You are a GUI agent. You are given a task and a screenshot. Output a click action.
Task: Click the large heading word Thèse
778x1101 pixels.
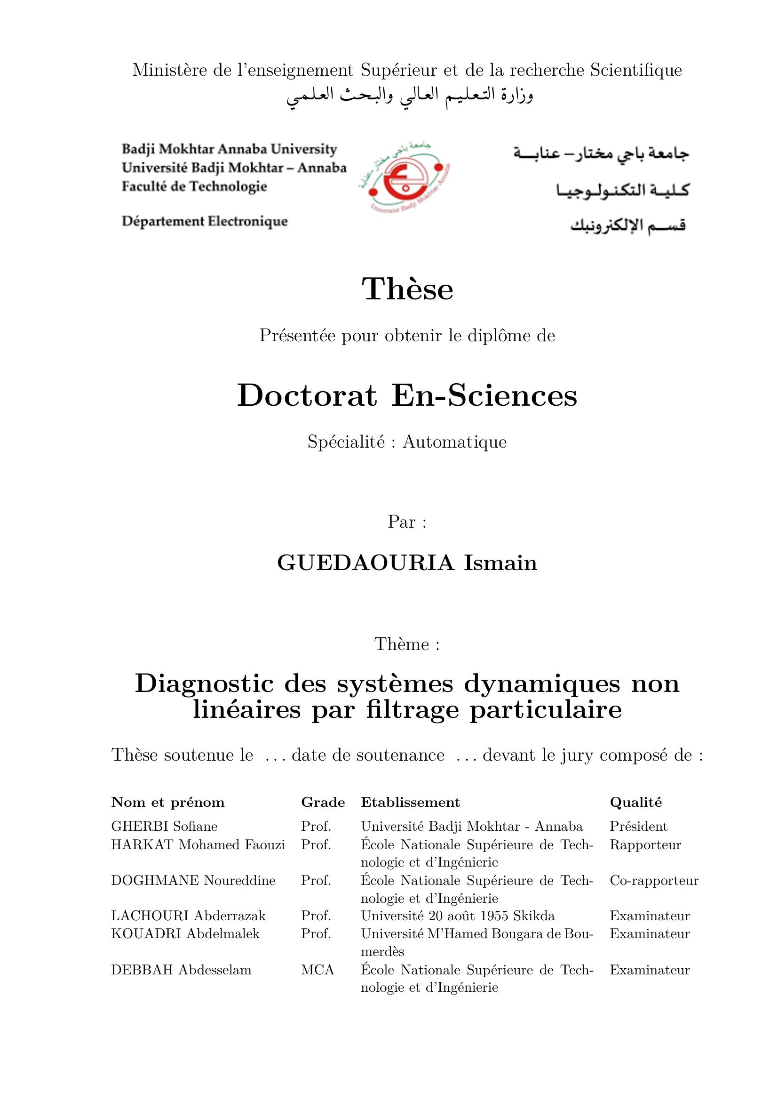point(407,289)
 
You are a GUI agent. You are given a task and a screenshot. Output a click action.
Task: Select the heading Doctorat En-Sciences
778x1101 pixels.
point(407,396)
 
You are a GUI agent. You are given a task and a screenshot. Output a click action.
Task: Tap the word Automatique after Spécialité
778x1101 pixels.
point(454,442)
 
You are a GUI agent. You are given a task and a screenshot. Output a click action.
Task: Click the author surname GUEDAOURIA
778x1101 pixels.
point(365,563)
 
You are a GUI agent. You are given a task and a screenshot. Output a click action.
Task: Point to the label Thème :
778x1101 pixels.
point(407,644)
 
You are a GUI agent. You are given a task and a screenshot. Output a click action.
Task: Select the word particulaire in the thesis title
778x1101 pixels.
point(546,710)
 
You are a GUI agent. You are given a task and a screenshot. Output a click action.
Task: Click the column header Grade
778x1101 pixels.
point(323,802)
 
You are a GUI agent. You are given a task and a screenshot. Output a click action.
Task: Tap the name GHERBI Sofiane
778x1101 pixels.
point(164,826)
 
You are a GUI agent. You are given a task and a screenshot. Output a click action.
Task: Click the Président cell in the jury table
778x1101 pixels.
point(638,826)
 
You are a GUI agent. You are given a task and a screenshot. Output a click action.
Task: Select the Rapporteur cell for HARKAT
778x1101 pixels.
point(645,844)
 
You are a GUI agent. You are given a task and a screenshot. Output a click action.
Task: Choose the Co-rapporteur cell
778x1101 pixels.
point(654,880)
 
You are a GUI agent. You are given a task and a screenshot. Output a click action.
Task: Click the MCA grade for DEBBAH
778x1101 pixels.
point(318,970)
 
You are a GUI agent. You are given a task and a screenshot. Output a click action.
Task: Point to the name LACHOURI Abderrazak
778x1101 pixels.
point(188,916)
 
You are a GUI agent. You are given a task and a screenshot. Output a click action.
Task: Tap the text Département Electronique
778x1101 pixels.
point(205,222)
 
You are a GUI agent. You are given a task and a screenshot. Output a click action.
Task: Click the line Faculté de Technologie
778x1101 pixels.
point(194,186)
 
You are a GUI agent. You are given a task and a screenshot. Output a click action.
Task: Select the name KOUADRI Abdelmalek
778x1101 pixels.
point(185,933)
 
